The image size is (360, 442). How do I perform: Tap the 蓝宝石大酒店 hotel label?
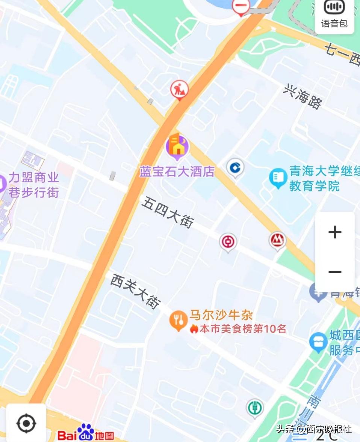[x=177, y=172]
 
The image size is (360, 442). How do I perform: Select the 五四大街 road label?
[x=168, y=212]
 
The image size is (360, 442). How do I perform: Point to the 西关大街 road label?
[x=136, y=291]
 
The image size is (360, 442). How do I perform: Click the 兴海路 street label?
[x=303, y=97]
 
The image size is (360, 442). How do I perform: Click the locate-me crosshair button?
[x=26, y=423]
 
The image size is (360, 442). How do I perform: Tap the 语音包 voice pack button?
[x=334, y=15]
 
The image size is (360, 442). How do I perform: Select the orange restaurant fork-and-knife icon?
[x=178, y=320]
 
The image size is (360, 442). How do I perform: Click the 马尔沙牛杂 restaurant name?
[x=221, y=315]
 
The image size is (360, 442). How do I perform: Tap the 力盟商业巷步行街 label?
[x=33, y=185]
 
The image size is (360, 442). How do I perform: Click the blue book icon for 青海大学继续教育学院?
[x=278, y=178]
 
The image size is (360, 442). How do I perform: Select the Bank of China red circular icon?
[x=228, y=242]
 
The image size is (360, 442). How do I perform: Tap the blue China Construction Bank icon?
[x=235, y=167]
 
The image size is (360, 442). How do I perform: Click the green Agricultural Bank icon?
[x=254, y=407]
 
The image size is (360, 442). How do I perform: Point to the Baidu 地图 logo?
[x=86, y=434]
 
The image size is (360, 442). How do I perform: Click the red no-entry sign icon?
[x=241, y=6]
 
